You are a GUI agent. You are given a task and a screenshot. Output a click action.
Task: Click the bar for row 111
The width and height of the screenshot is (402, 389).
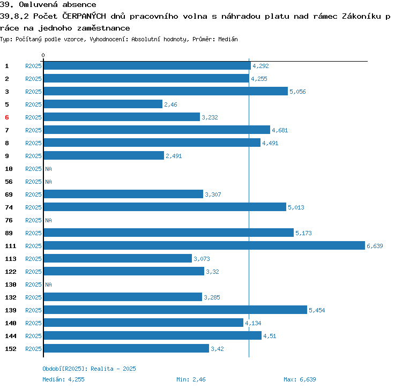tap(204, 246)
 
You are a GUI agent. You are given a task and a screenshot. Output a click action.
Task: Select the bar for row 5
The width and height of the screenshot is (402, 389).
tap(103, 104)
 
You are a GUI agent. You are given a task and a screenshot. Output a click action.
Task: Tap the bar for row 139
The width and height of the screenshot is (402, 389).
tap(175, 310)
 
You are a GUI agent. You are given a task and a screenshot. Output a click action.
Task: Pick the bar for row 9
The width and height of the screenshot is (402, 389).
tap(103, 156)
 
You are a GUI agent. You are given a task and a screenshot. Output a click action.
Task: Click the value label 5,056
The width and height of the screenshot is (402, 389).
tap(297, 92)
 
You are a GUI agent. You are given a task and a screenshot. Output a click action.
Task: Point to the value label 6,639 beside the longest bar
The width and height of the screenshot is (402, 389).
tap(375, 246)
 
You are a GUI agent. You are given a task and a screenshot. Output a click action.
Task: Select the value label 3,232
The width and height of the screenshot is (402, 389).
tap(210, 117)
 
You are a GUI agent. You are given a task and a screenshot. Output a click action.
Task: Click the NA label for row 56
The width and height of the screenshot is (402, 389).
tap(48, 182)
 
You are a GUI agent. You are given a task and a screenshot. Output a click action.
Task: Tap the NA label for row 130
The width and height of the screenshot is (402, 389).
tap(48, 285)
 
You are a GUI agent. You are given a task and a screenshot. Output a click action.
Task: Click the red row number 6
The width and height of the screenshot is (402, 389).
tap(7, 117)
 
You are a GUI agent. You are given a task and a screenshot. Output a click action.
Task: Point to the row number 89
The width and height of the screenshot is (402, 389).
tap(9, 233)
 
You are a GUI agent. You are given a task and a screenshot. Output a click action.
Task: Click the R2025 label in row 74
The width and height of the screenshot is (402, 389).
tap(33, 207)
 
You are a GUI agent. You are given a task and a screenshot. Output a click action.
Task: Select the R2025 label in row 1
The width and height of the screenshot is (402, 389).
tap(33, 66)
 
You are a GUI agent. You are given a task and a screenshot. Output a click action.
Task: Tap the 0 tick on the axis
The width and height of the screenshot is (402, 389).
tap(43, 55)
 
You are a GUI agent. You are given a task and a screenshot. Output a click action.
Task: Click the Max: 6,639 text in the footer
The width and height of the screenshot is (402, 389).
tap(300, 379)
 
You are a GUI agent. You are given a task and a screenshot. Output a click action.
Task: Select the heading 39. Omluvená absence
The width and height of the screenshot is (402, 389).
tap(48, 5)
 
